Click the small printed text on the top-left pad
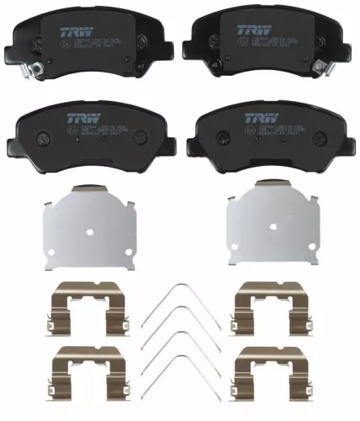coord(84,42)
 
